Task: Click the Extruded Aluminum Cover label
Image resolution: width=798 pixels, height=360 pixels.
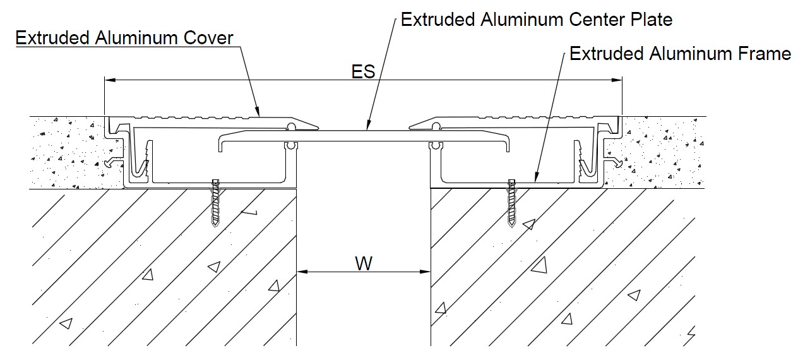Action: [124, 38]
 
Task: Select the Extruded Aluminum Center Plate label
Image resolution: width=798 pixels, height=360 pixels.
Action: [537, 20]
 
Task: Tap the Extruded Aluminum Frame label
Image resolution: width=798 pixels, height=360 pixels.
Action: [680, 54]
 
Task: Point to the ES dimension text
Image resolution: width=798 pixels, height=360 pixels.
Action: [363, 71]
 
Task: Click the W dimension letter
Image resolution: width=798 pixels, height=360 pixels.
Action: [364, 264]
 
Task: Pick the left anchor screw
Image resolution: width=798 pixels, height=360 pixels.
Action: [215, 203]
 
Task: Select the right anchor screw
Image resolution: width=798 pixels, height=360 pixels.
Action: [511, 203]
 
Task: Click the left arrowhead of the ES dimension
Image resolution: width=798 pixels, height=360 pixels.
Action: [110, 80]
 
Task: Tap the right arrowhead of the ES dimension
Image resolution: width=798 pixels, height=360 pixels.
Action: [617, 80]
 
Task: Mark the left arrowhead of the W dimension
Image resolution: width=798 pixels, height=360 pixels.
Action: [302, 272]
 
